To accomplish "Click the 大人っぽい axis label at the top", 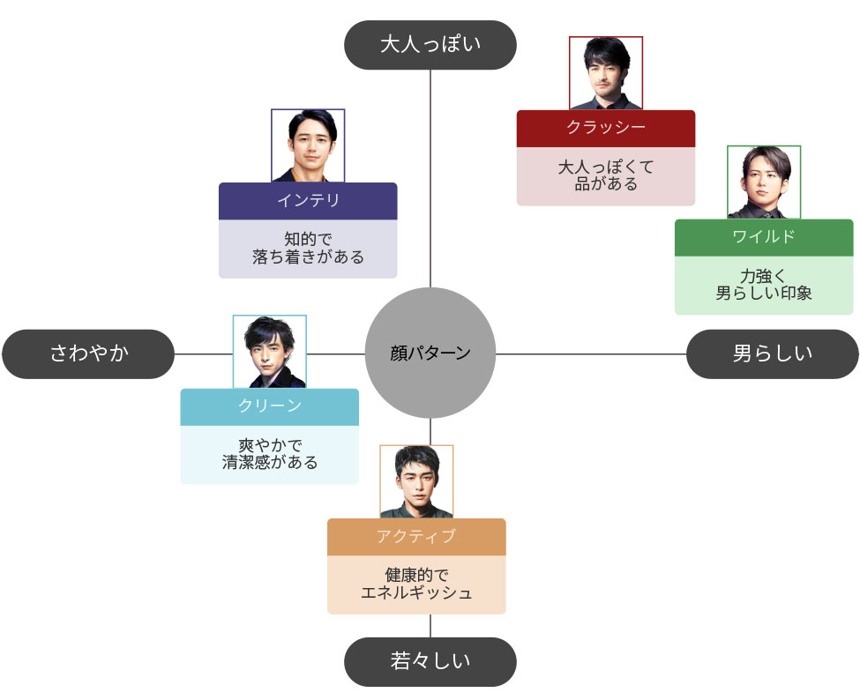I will [430, 45].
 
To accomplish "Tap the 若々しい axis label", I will [430, 661].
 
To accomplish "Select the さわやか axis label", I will [88, 354].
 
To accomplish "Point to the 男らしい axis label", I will [772, 354].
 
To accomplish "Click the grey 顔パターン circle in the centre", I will [430, 354].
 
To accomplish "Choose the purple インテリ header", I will [308, 201].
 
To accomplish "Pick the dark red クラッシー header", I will [606, 128].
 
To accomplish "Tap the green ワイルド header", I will [764, 237].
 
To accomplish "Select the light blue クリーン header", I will [270, 406].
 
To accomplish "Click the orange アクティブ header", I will [416, 536].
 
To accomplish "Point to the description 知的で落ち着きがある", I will [308, 249].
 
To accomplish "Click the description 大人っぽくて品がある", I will [606, 175].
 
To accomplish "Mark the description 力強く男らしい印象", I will [764, 285].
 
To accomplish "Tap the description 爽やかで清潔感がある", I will [270, 454].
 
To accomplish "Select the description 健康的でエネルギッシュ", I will [416, 584].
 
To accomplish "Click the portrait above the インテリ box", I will [308, 145].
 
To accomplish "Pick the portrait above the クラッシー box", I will [606, 73].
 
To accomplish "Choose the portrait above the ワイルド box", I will [764, 182].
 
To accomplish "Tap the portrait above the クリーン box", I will [270, 351].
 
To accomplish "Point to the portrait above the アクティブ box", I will [416, 481].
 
